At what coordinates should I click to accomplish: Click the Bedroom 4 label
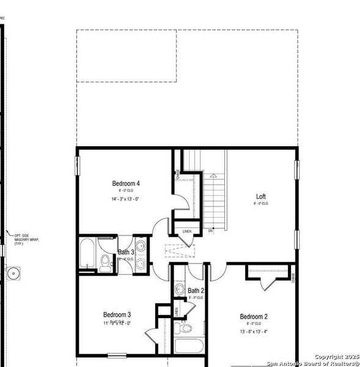coord(126,183)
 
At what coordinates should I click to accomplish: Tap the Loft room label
coord(261,197)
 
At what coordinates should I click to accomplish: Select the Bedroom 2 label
coord(254,316)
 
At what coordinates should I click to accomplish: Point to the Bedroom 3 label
coord(117,314)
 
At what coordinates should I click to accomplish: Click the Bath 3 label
coord(126,252)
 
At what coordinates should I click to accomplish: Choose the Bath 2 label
coord(196,290)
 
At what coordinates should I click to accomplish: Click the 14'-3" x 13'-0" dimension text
coord(125,199)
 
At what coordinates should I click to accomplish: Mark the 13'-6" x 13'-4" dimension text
coord(254,332)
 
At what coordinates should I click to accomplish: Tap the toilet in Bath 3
coord(105,263)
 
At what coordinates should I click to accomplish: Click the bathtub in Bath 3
coord(87,253)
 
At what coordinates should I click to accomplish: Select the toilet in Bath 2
coord(182,328)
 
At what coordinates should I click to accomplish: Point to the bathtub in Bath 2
coord(192,345)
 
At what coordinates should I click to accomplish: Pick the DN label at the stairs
coord(210,231)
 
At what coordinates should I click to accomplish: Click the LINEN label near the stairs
coord(187,231)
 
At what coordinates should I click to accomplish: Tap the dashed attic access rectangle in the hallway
coord(181,250)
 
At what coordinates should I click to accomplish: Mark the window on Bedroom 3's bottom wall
coord(117,355)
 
